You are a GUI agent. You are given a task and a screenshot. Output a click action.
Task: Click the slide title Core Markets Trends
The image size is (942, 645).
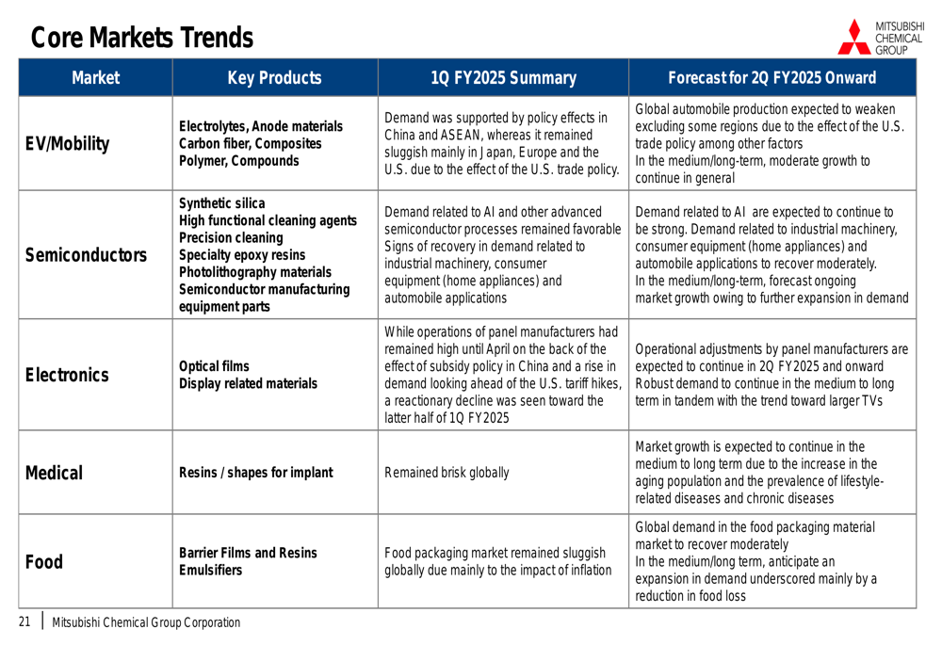click(x=142, y=38)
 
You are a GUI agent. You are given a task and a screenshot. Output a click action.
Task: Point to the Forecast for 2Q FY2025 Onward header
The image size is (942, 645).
click(x=780, y=78)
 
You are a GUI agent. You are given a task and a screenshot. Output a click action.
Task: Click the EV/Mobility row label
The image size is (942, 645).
click(x=68, y=144)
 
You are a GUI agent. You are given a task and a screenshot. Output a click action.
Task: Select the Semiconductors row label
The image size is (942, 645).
click(x=84, y=255)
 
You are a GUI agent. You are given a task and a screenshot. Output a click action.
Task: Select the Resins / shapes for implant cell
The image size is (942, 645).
click(x=255, y=473)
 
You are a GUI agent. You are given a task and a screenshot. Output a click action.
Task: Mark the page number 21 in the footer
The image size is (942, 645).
click(x=24, y=622)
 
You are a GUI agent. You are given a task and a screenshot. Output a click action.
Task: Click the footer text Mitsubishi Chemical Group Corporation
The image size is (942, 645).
click(x=146, y=622)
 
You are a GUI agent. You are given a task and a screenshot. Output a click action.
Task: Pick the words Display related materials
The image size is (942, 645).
click(x=248, y=383)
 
